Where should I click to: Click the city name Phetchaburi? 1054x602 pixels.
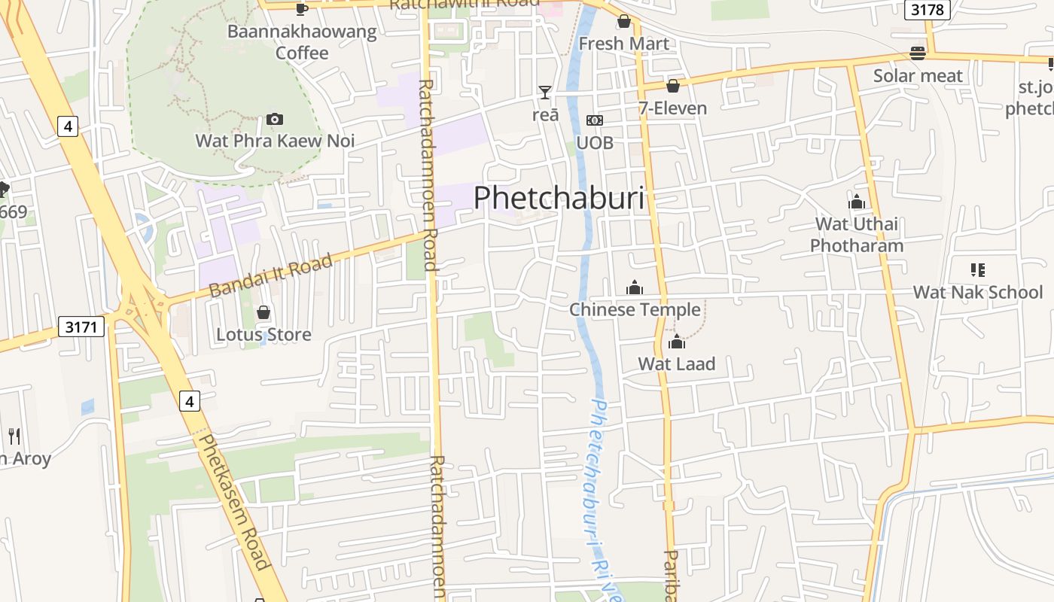[559, 197]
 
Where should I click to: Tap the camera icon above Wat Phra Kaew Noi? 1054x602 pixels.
[275, 120]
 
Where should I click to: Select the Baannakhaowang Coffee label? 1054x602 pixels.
[302, 42]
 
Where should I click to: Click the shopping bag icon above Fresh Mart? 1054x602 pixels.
[623, 21]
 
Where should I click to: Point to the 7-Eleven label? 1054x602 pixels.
[673, 108]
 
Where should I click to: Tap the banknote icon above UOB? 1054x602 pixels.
[595, 120]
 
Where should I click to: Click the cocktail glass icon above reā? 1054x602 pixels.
[545, 93]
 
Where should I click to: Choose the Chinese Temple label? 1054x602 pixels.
[635, 309]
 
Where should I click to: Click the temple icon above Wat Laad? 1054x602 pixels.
[677, 342]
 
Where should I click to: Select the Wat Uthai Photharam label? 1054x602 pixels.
[857, 235]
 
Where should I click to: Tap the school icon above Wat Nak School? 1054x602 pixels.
[978, 269]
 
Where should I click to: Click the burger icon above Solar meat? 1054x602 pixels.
[918, 53]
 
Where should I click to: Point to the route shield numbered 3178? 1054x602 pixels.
[928, 9]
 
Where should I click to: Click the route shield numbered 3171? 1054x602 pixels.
[81, 327]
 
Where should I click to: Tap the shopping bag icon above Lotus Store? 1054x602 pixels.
[263, 312]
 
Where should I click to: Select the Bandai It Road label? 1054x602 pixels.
[270, 276]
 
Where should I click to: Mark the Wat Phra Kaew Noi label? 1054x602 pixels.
[275, 141]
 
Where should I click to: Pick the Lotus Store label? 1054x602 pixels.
[263, 334]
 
